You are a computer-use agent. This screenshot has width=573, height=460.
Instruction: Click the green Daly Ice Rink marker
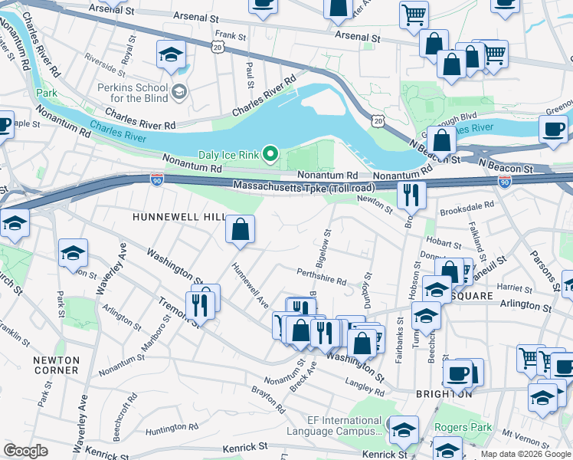[270, 155]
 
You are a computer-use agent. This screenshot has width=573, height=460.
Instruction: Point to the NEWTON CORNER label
[56, 365]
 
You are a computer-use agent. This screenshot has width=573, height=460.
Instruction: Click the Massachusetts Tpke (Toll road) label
[304, 186]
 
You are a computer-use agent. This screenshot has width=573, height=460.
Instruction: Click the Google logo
[25, 451]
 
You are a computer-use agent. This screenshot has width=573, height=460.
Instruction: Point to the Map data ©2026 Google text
[525, 454]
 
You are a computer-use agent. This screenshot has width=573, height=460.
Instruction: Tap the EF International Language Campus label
[333, 426]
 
